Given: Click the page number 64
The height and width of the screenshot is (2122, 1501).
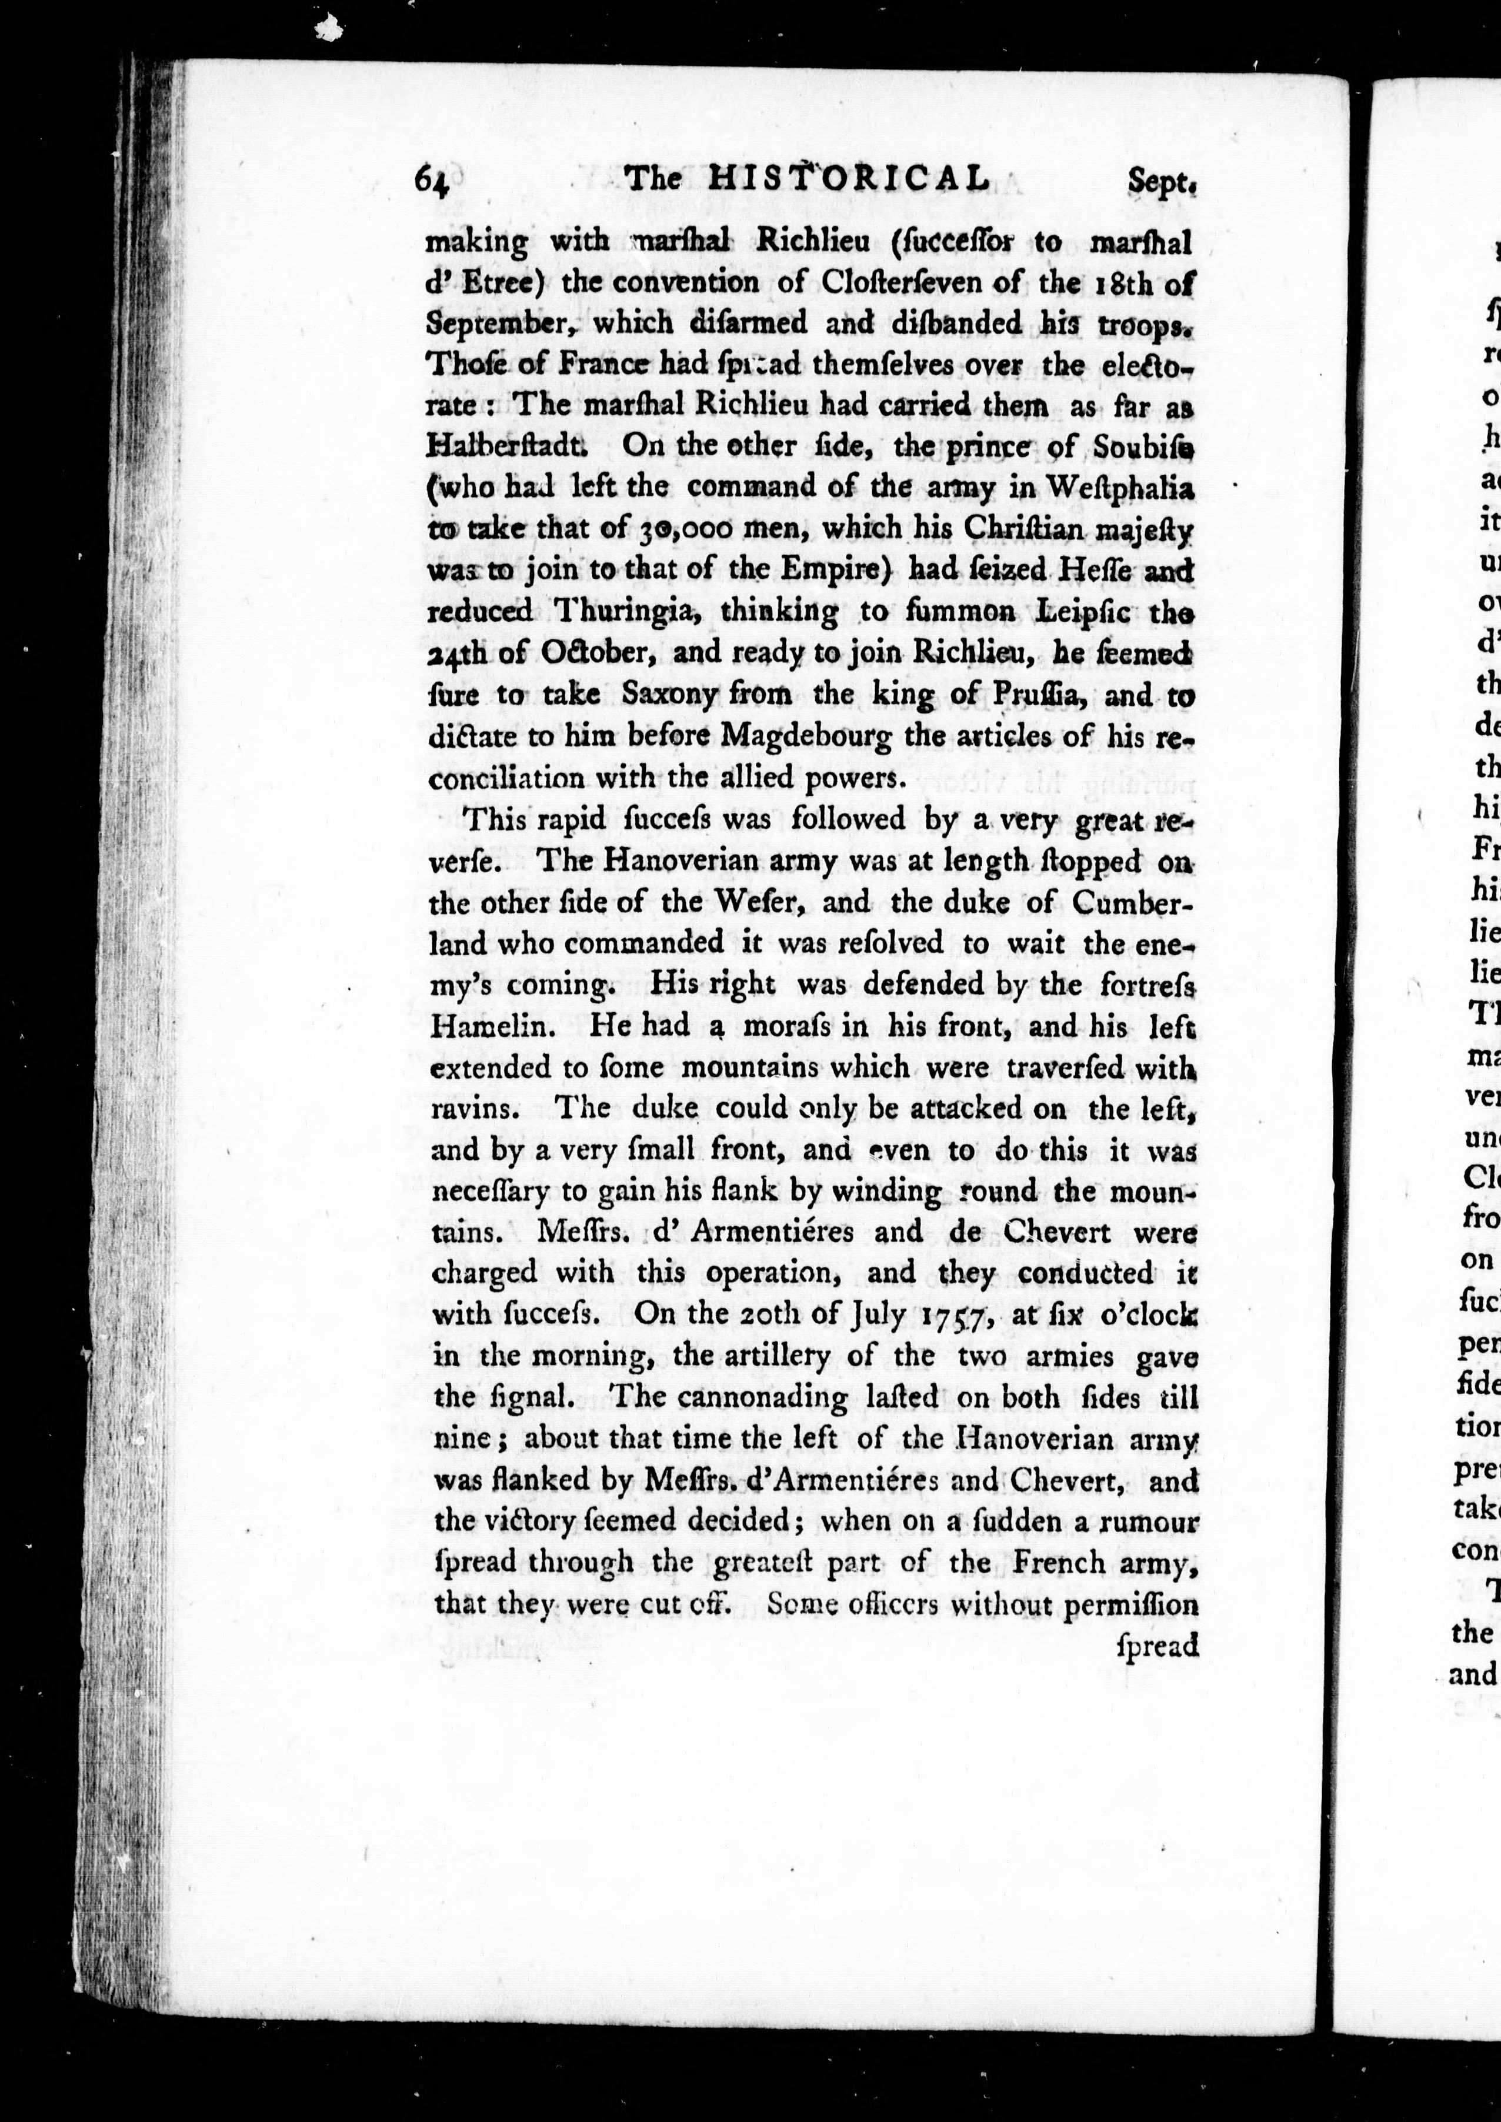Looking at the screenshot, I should [432, 179].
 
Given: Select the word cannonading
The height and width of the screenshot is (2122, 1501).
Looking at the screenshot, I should [762, 1396].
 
